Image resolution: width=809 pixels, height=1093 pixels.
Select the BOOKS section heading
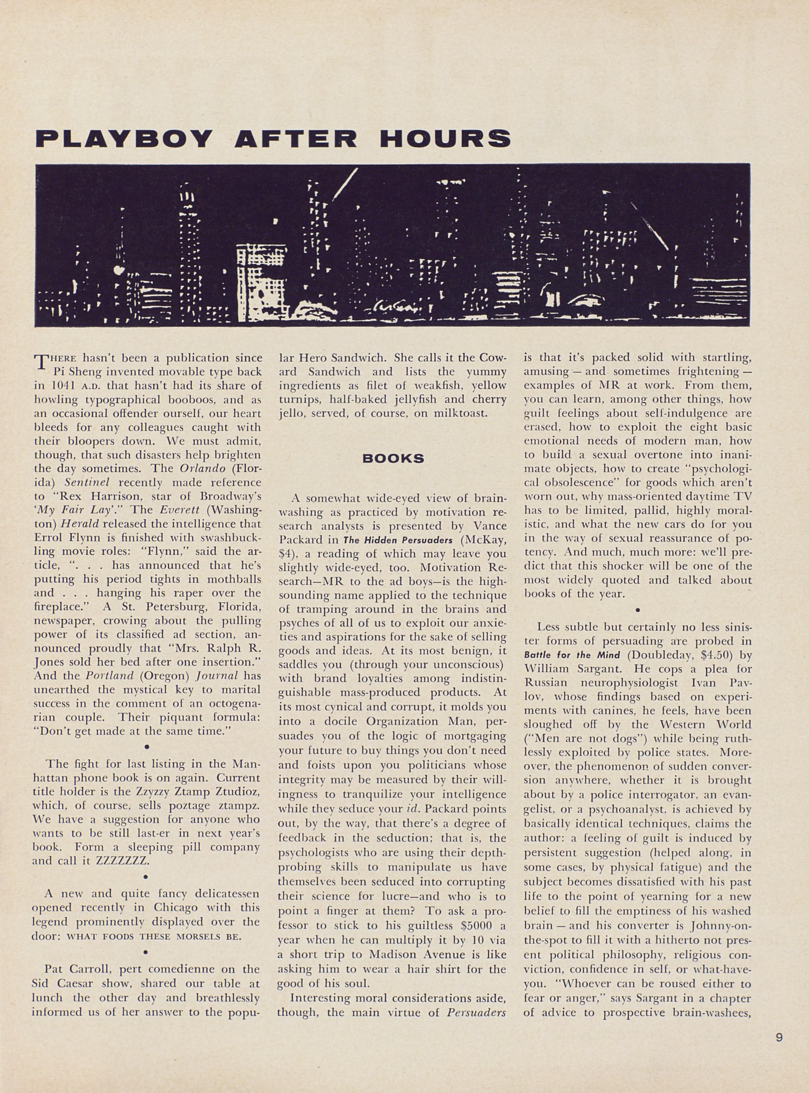click(x=393, y=459)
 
